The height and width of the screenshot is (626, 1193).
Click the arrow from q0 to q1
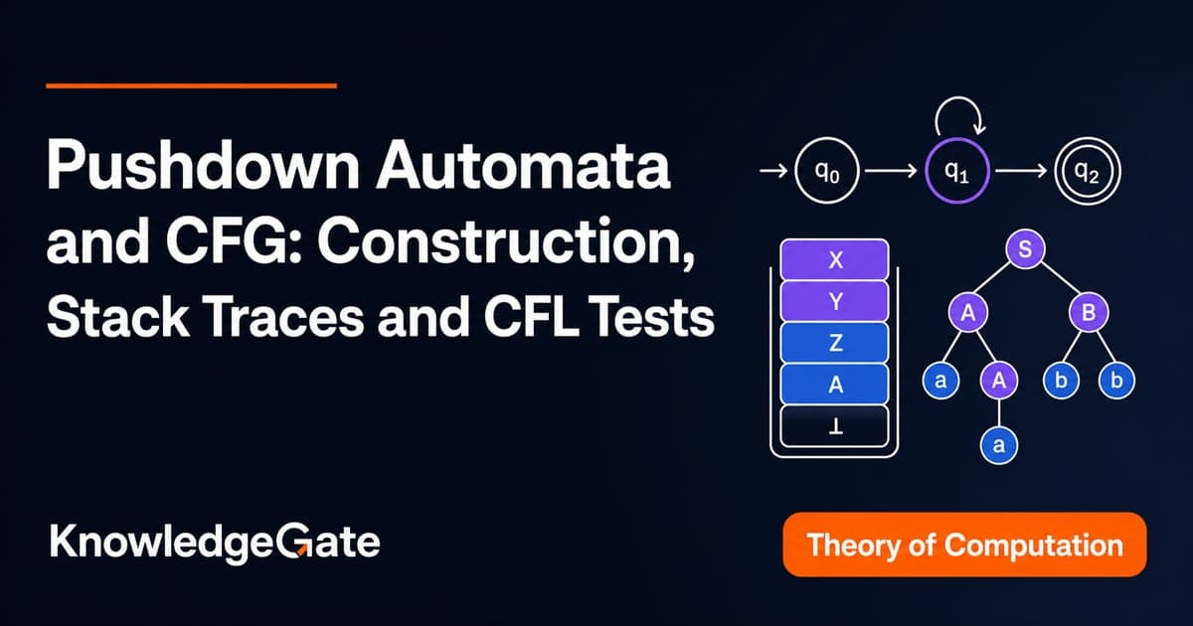891,171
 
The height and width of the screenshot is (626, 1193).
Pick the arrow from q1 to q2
1022,171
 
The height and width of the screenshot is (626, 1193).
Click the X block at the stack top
834,259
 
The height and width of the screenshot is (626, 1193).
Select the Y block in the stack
834,301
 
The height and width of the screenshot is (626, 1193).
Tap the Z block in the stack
834,343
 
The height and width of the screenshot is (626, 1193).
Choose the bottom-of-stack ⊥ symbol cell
834,426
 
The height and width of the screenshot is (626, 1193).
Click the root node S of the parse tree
1025,248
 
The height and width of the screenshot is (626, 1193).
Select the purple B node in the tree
1089,312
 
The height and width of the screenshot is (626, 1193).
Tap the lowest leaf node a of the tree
998,444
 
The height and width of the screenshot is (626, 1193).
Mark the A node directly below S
967,312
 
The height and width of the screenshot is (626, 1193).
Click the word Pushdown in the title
203,164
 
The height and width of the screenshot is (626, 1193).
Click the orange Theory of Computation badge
964,545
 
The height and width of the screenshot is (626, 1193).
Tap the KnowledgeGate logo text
215,543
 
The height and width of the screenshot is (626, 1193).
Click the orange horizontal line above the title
191,85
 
